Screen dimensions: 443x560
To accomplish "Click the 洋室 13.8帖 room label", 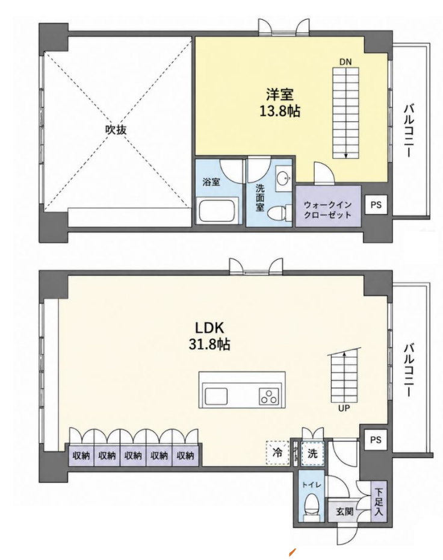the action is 279,103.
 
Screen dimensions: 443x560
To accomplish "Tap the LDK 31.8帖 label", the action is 209,336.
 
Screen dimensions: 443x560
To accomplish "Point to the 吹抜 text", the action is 116,129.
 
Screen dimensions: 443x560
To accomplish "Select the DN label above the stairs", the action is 345,62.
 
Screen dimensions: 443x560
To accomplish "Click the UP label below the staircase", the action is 344,408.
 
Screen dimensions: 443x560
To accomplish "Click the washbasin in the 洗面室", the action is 283,178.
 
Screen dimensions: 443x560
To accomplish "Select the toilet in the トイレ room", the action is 312,503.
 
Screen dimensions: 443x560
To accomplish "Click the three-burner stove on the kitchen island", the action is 268,396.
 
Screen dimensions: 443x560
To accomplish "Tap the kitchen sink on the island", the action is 216,396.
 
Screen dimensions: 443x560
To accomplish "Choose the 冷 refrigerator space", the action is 277,453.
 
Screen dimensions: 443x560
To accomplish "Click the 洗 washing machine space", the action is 313,453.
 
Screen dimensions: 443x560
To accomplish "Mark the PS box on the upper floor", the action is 376,205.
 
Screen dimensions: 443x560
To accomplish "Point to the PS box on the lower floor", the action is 376,440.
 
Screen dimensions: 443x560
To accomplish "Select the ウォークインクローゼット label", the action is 327,210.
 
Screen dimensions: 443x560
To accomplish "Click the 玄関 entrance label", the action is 345,511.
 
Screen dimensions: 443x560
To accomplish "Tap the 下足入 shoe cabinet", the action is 379,502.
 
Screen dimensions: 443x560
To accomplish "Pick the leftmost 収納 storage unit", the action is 81,456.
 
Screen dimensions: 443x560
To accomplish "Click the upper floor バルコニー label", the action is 409,130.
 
